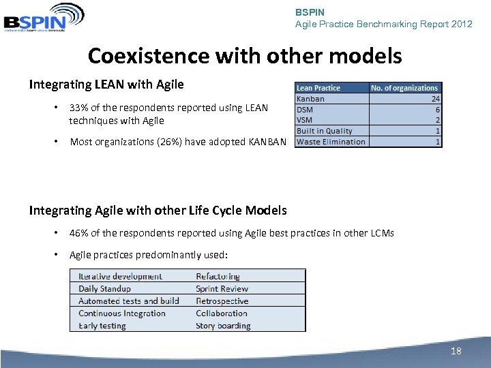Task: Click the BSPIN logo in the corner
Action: pyautogui.click(x=44, y=18)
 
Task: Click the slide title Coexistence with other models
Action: pyautogui.click(x=245, y=55)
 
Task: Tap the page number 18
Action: pyautogui.click(x=456, y=351)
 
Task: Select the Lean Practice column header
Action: pyautogui.click(x=318, y=88)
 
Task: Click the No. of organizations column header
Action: pyautogui.click(x=404, y=88)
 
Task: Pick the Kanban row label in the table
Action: pyautogui.click(x=311, y=99)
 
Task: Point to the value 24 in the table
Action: pyautogui.click(x=435, y=99)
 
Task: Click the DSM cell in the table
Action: pyautogui.click(x=306, y=109)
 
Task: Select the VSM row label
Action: pyautogui.click(x=305, y=120)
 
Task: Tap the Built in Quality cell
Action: pyautogui.click(x=325, y=131)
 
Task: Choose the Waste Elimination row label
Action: pyautogui.click(x=331, y=142)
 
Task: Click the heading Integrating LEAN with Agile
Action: pyautogui.click(x=106, y=85)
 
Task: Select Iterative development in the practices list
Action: pyautogui.click(x=120, y=277)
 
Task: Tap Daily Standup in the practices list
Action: pyautogui.click(x=104, y=289)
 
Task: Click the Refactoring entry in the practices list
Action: pyautogui.click(x=218, y=277)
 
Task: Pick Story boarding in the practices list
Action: pyautogui.click(x=223, y=326)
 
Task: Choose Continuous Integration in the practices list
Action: pyautogui.click(x=122, y=313)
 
